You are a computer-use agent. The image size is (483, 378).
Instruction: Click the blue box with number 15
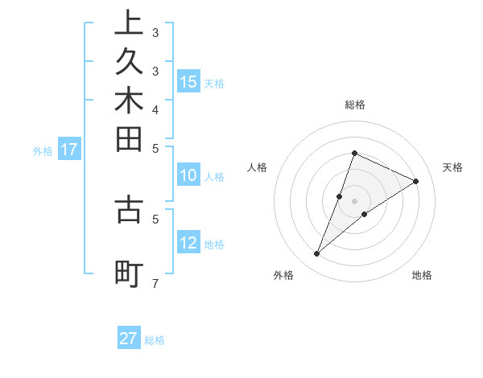(188, 81)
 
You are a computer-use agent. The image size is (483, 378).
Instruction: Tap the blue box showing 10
(188, 176)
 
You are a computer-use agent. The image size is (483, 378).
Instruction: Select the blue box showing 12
(188, 243)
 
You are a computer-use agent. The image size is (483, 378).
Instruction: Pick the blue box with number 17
(69, 149)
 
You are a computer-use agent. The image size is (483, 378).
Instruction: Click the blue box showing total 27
(129, 339)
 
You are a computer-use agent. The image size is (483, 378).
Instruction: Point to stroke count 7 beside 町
(155, 284)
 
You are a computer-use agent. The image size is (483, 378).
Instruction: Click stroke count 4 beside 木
(155, 109)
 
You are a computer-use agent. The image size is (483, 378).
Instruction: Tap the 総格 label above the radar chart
(354, 105)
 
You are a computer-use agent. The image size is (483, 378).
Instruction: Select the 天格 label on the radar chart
(452, 167)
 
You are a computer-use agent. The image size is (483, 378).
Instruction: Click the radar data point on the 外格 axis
(317, 254)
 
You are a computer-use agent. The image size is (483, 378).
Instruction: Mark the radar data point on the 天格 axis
(416, 181)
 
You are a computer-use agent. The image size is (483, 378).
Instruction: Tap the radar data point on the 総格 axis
(354, 153)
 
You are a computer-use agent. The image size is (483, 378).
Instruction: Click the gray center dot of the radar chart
(354, 201)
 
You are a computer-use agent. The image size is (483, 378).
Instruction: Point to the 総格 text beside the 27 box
(155, 340)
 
